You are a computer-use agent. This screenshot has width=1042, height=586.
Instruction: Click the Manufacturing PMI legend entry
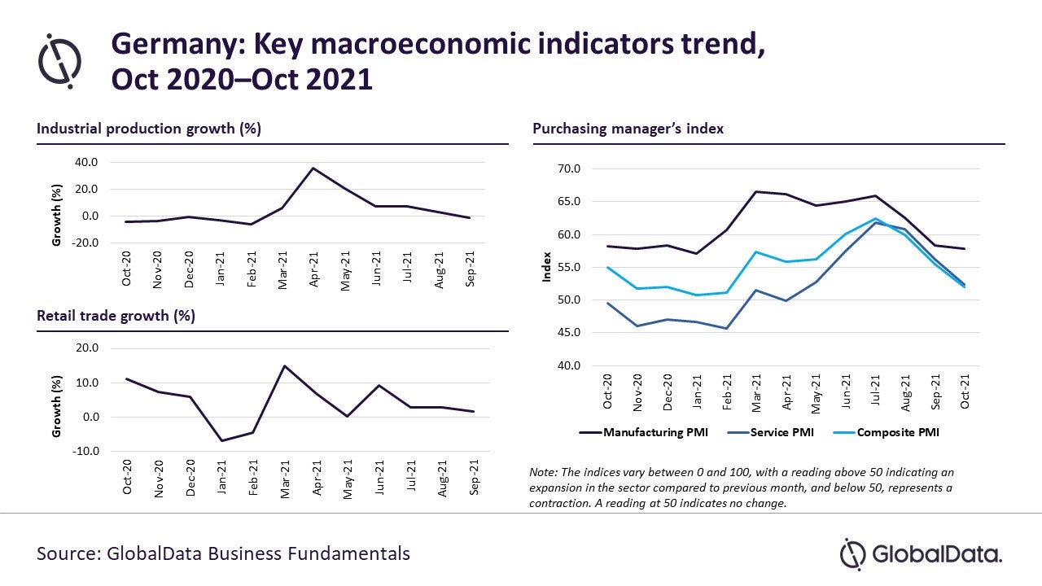[644, 432]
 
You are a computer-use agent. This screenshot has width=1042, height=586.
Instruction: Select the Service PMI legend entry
[770, 432]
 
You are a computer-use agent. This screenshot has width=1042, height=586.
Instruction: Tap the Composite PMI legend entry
[887, 432]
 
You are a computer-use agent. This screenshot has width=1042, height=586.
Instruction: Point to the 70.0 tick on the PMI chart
[569, 168]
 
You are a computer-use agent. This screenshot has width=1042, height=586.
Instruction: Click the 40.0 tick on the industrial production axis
[86, 162]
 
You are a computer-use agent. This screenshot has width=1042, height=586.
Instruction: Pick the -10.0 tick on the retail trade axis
[85, 451]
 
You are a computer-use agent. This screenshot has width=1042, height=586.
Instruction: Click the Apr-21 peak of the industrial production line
[313, 168]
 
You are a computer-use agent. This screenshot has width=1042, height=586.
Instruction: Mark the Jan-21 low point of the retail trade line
[222, 441]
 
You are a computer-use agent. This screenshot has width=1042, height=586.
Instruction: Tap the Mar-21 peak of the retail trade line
[285, 365]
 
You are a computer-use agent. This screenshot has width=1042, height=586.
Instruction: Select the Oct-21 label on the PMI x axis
[965, 391]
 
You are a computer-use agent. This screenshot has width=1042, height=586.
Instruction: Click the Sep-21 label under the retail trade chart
[474, 477]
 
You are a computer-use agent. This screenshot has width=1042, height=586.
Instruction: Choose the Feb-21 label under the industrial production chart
[252, 269]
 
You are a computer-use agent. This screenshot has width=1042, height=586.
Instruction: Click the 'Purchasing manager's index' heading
[628, 129]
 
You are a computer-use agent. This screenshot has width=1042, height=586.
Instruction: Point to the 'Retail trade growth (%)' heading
[116, 316]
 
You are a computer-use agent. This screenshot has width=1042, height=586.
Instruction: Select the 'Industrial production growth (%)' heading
[149, 129]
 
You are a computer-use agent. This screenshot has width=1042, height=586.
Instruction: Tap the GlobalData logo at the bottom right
[921, 554]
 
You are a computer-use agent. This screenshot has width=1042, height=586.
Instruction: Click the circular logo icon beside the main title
[60, 61]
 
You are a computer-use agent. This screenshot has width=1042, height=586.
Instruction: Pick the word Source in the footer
[69, 554]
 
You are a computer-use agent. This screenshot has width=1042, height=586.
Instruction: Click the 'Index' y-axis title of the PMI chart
[546, 267]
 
